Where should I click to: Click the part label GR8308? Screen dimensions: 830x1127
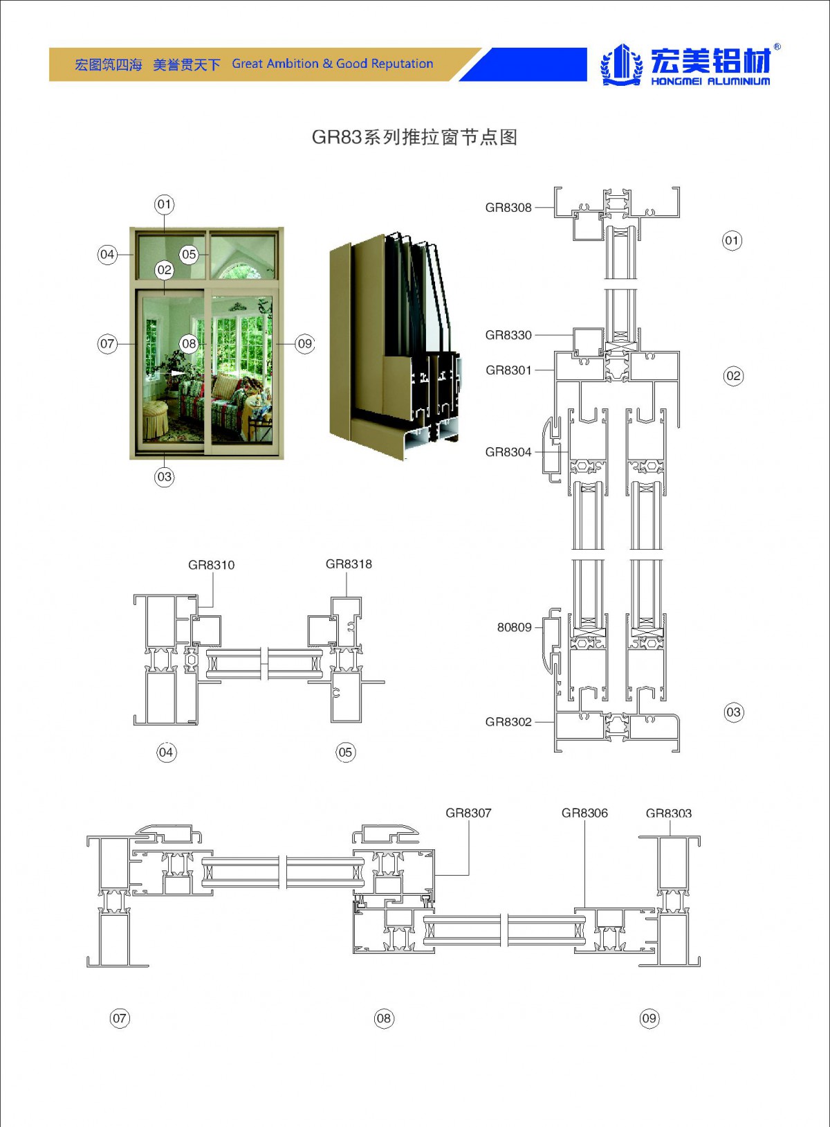[x=508, y=207]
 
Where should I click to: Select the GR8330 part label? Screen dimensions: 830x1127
[x=508, y=335]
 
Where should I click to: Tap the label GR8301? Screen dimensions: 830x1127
[x=508, y=370]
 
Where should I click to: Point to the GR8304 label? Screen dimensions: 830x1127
[x=508, y=452]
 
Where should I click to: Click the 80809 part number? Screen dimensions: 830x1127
[x=515, y=627]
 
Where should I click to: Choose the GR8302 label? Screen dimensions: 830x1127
[x=508, y=722]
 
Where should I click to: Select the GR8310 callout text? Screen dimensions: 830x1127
[x=211, y=565]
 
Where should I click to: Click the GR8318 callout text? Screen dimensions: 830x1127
[x=349, y=564]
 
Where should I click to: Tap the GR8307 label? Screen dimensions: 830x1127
[x=468, y=813]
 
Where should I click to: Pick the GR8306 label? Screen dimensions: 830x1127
[x=584, y=813]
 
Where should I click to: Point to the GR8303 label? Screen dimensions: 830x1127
[x=669, y=813]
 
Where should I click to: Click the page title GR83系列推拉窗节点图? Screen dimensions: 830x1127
[x=415, y=137]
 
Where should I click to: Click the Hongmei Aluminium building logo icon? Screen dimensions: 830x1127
[x=622, y=64]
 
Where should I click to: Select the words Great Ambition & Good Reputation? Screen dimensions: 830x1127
[x=332, y=64]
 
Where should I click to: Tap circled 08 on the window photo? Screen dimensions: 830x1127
[x=189, y=343]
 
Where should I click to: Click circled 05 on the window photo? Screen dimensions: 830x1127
[x=189, y=254]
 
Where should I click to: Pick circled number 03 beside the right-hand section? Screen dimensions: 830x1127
[x=733, y=712]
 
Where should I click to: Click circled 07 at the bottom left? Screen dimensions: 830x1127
[x=120, y=1018]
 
